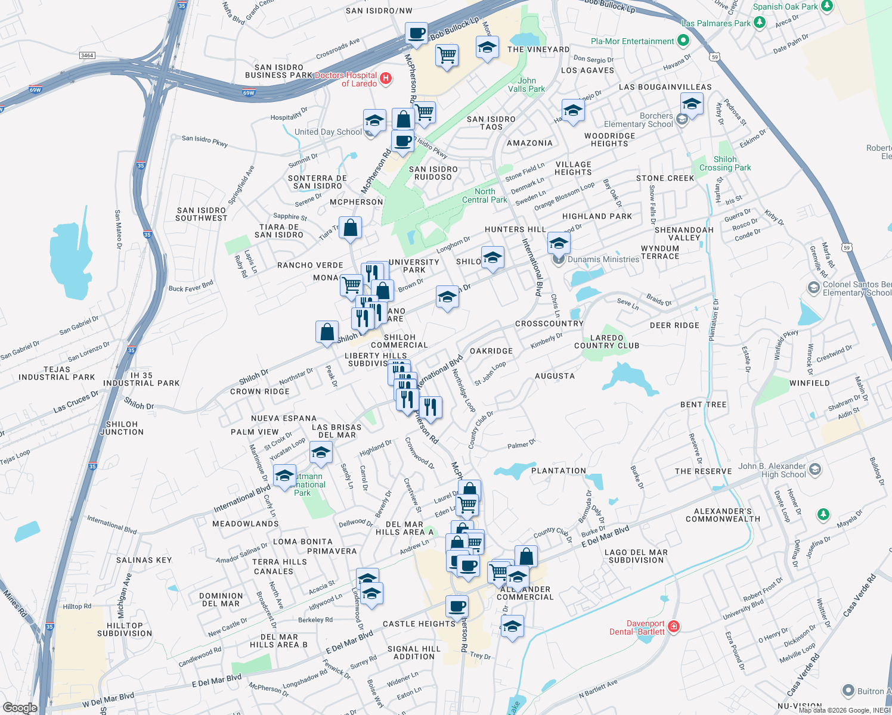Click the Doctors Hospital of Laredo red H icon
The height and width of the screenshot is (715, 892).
pos(386,78)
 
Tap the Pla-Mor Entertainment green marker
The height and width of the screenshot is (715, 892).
pos(683,41)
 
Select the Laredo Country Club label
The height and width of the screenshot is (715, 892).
pos(606,341)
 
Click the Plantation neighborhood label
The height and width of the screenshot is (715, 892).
pos(559,471)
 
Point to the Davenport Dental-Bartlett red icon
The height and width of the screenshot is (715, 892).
pos(674,626)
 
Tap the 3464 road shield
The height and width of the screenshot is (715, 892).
pos(87,55)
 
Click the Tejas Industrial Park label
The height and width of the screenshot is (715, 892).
pos(57,373)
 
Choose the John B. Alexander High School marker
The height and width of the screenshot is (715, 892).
pos(815,470)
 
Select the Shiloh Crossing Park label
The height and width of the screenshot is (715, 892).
pos(725,163)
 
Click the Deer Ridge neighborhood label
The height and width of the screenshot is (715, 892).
pos(674,325)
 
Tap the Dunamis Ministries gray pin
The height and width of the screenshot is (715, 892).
pos(558,259)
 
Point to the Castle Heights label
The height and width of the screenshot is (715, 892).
pos(419,624)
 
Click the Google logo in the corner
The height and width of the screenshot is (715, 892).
pos(20,707)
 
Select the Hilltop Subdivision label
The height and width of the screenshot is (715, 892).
pos(125,629)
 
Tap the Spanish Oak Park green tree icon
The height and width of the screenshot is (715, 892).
pos(827,7)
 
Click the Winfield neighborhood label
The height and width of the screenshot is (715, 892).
pos(809,383)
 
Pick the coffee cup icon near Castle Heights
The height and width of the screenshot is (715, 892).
pos(457,607)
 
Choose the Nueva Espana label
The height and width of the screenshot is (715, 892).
pos(284,418)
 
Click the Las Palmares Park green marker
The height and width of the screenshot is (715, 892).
pos(759,23)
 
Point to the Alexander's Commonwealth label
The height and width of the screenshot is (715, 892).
pos(723,515)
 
